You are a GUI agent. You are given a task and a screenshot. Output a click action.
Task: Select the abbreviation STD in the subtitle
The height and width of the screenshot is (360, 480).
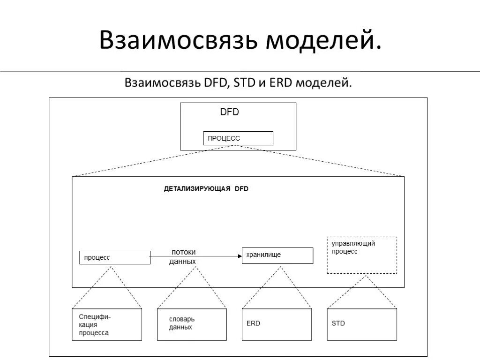click(x=244, y=83)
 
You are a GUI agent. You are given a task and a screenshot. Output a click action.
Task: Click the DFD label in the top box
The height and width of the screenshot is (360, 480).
click(x=230, y=112)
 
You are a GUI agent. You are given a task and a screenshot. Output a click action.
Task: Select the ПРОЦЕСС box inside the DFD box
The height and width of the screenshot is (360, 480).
click(x=238, y=138)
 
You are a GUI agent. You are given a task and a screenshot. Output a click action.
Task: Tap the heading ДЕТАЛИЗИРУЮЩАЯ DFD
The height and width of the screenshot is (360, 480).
click(x=206, y=189)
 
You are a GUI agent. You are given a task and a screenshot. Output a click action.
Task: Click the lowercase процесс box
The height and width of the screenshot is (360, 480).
click(x=115, y=257)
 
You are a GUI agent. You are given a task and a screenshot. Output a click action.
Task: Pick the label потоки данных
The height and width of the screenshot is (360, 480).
click(x=183, y=256)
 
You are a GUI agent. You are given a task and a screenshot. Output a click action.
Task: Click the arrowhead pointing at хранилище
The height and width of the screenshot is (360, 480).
click(x=239, y=256)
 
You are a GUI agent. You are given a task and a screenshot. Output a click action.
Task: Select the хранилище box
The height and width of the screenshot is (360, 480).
click(x=277, y=255)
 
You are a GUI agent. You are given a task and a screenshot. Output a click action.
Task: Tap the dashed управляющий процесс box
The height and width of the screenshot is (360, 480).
click(x=361, y=255)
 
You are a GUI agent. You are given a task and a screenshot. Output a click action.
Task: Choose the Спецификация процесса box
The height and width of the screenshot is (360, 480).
click(x=107, y=324)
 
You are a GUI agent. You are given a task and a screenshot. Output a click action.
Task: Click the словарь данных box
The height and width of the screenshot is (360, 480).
click(x=192, y=324)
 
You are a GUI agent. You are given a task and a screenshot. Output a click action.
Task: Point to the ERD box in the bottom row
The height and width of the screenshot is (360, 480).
click(x=277, y=324)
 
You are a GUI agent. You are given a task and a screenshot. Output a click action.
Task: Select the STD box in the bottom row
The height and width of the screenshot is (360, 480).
click(x=361, y=324)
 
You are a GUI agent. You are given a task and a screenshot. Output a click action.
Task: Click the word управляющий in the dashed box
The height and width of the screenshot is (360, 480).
click(x=353, y=244)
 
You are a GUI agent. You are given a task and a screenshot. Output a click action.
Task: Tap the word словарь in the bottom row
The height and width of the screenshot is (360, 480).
click(x=182, y=319)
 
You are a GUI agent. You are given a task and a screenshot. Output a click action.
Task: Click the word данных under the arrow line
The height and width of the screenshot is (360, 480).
click(x=182, y=262)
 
